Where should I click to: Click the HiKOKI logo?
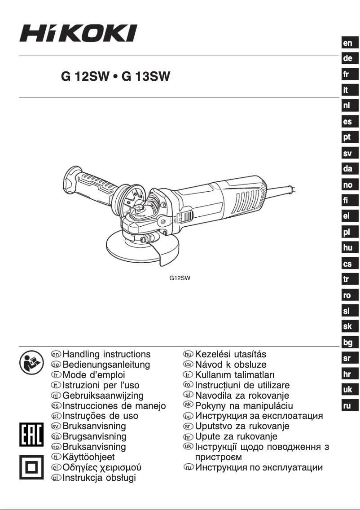(x=78, y=33)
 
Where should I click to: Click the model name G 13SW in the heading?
(x=146, y=77)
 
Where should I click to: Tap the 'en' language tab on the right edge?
(x=348, y=43)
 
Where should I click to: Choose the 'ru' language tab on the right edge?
(x=348, y=406)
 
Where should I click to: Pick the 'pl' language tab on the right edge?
(x=348, y=232)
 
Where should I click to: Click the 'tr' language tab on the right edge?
(x=348, y=279)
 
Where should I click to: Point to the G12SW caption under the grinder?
(x=180, y=278)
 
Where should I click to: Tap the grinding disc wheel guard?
(x=135, y=251)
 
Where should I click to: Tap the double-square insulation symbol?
(x=31, y=467)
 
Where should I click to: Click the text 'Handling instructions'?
(x=106, y=355)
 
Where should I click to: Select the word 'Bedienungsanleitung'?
(x=106, y=365)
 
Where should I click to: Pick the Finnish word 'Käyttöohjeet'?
(x=88, y=457)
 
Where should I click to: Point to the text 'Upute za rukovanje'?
(x=237, y=436)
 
